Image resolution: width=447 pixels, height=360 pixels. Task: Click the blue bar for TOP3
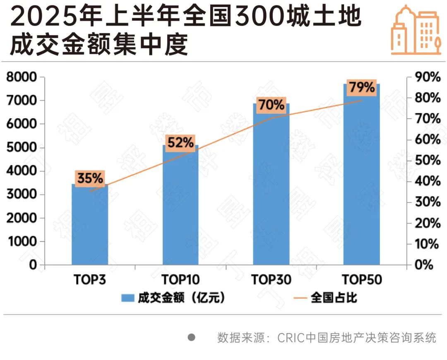[90, 226]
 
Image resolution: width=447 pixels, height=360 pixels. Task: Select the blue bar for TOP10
[180, 207]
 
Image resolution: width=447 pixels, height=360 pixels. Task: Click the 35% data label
[90, 178]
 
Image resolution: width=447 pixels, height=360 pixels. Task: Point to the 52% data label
[180, 143]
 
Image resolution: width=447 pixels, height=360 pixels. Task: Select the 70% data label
[271, 105]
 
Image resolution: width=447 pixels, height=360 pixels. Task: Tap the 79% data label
[361, 88]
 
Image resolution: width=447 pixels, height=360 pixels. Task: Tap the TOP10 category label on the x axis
[180, 280]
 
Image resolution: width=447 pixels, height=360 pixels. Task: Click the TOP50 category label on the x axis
[361, 280]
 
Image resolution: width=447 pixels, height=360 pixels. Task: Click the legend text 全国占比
[334, 298]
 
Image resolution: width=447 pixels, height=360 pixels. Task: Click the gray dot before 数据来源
[191, 337]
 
